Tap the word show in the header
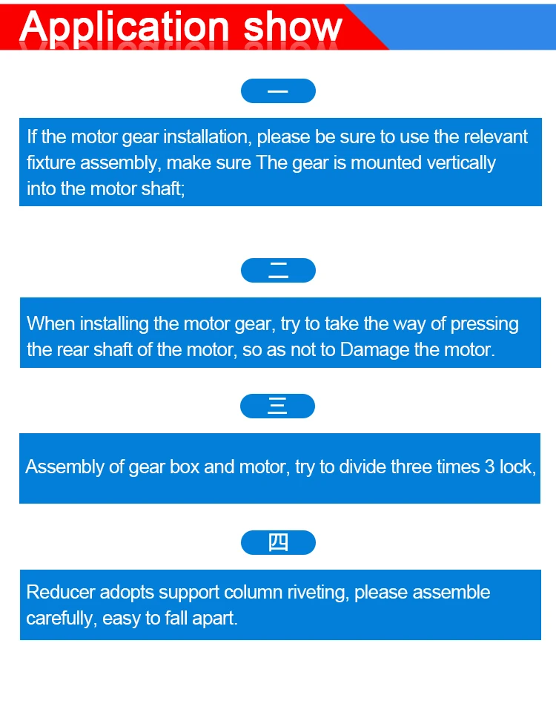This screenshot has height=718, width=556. pos(293,27)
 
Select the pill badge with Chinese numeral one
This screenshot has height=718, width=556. pos(278,90)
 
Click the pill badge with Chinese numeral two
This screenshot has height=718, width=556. pos(278,270)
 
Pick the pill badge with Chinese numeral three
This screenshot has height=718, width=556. pos(278,406)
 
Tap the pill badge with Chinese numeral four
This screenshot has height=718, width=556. pos(278,543)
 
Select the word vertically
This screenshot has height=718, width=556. pos(460,163)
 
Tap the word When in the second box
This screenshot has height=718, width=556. pos(50,324)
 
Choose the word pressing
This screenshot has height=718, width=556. pos(486,324)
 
